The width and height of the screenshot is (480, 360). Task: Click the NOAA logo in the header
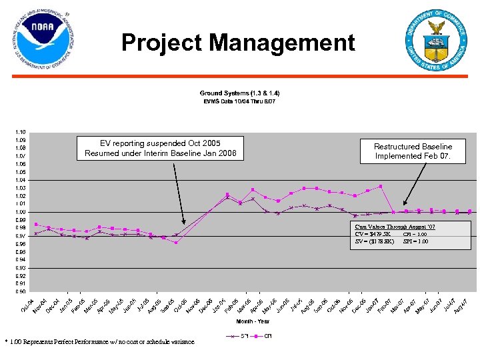pos(41,41)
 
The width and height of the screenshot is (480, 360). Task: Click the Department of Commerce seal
pos(437,39)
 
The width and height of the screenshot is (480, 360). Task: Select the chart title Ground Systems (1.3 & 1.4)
pos(239,93)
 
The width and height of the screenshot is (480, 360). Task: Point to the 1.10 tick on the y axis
pos(21,132)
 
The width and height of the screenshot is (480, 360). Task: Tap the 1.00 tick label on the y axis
pos(21,212)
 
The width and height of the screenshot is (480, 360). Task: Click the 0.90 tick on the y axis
pos(21,291)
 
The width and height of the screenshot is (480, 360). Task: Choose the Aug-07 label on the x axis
pos(461,306)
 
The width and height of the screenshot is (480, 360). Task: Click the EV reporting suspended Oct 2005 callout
pos(160,149)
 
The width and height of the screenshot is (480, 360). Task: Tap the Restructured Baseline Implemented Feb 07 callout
pos(413,151)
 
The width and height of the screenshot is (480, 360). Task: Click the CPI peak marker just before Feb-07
pos(380,187)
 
